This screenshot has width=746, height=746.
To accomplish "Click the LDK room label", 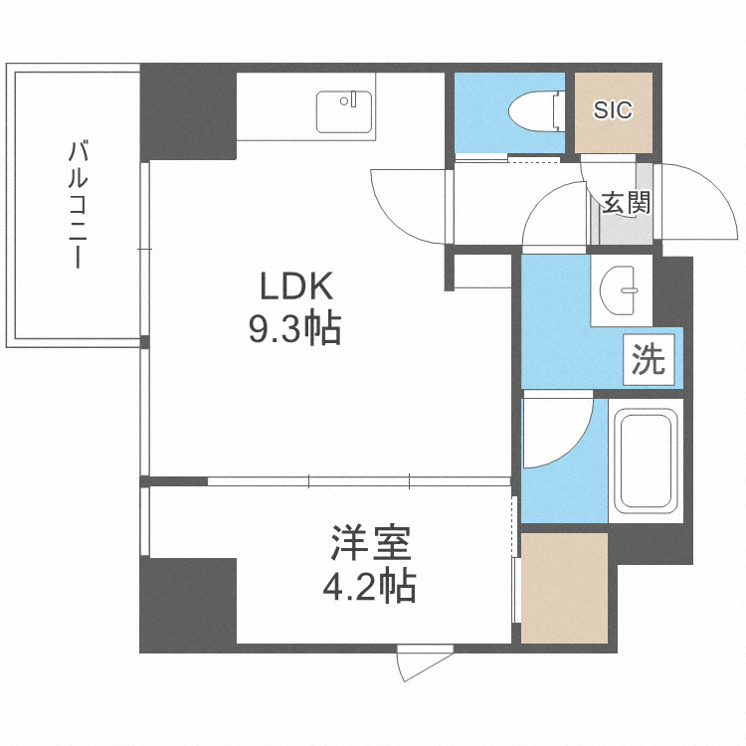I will (294, 287).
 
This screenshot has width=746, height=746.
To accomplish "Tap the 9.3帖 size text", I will (294, 327).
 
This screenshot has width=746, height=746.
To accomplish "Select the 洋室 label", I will (370, 545).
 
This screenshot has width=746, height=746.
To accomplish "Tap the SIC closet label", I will (613, 110).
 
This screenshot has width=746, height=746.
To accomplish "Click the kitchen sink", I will (345, 111).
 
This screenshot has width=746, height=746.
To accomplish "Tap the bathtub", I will (644, 460).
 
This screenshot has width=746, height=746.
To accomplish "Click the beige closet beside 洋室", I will (564, 588).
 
